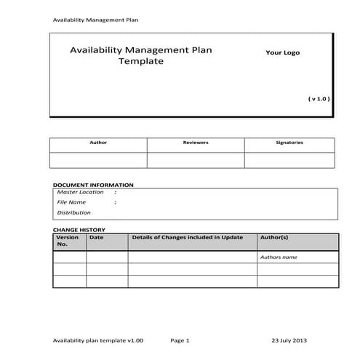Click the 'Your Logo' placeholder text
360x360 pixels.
coord(282,52)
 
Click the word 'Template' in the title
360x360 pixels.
coord(141,62)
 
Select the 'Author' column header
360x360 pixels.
coord(97,143)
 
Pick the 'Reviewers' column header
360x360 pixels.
coord(195,143)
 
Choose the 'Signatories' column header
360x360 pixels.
coord(289,143)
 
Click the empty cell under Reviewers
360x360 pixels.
coord(195,159)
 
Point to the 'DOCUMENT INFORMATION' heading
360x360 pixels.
coord(93,185)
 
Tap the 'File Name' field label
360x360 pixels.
coord(71,202)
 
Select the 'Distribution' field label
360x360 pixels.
coord(73,212)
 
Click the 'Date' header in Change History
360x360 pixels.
coord(96,237)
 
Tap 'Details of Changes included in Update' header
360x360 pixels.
coord(187,237)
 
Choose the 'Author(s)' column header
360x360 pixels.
coord(274,237)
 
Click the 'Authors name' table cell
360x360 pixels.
coord(279,257)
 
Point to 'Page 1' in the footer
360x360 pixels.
coord(180,340)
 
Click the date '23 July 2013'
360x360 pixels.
coord(289,340)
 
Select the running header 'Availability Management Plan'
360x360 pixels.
coord(95,19)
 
